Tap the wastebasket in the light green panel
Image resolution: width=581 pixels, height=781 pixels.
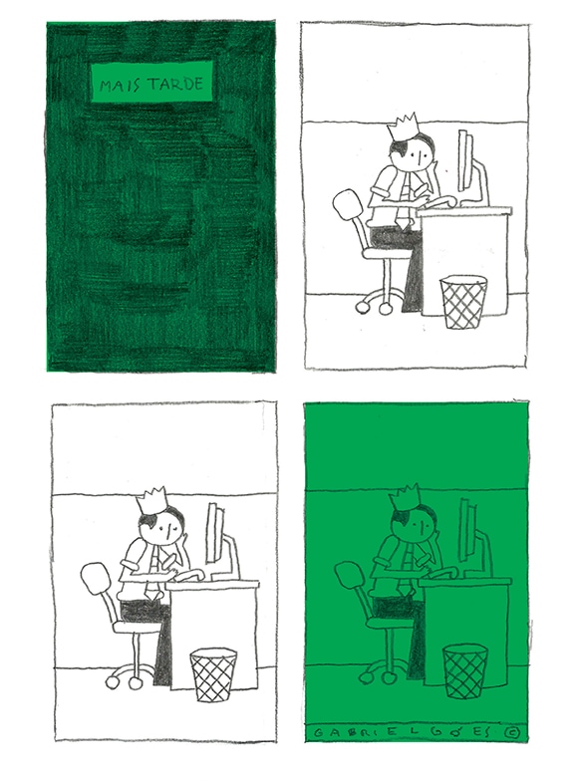coord(465,671)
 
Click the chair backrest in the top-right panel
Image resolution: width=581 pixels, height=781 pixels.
coord(348,205)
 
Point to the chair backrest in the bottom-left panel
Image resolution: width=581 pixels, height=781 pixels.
coord(96,579)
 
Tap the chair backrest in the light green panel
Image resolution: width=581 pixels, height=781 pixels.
coord(350,576)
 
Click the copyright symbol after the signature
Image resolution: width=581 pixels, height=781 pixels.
coord(510,733)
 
